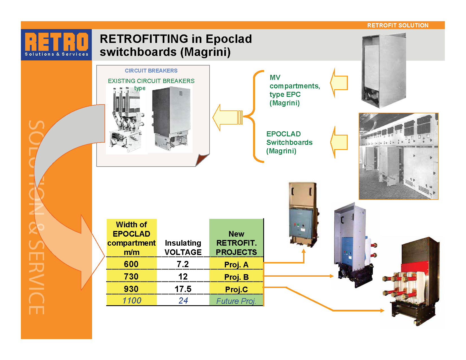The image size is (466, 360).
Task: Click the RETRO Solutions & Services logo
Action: click(x=56, y=45)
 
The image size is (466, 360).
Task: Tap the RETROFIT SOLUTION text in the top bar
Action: click(x=398, y=25)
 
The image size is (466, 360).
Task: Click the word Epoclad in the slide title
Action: click(x=228, y=39)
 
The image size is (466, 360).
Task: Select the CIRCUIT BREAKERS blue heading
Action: click(x=151, y=71)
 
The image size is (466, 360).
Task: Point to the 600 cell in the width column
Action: click(x=131, y=264)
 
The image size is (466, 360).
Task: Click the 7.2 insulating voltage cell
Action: click(x=183, y=264)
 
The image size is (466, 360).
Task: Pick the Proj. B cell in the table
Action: click(x=236, y=277)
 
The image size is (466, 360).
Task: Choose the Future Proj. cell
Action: click(x=236, y=301)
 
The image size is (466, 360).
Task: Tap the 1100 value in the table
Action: click(x=132, y=300)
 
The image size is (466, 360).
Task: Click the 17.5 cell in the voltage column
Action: click(x=183, y=289)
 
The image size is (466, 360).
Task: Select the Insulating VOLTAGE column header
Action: click(x=183, y=247)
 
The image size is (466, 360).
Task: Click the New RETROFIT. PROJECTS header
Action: click(x=236, y=243)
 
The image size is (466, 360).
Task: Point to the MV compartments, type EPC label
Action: click(x=294, y=90)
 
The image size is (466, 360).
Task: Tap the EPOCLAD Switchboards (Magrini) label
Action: click(x=289, y=142)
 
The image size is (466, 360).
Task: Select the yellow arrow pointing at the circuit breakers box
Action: click(x=227, y=117)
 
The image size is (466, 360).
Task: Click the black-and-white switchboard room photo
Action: click(x=398, y=156)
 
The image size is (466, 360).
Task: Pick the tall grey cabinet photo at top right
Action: click(x=384, y=71)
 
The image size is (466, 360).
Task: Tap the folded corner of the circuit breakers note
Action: click(x=202, y=160)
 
